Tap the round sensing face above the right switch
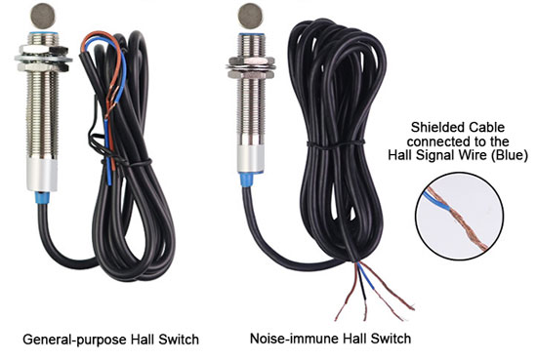pyautogui.click(x=248, y=15)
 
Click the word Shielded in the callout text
pyautogui.click(x=434, y=127)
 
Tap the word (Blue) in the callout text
pyautogui.click(x=508, y=156)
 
